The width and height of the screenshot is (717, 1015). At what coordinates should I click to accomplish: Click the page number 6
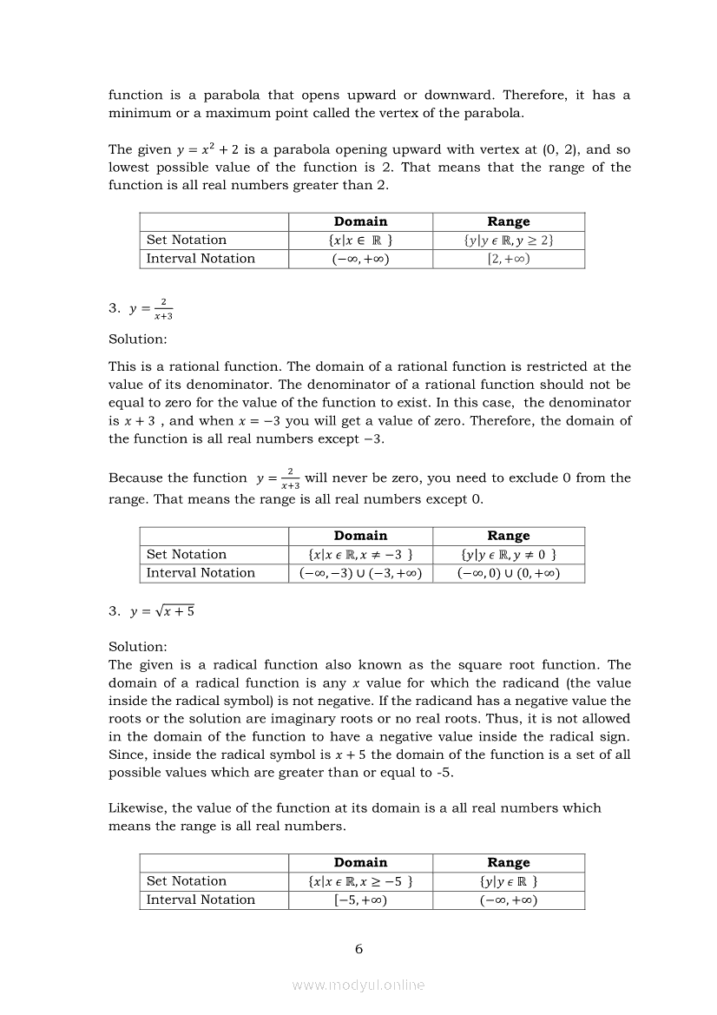(358, 949)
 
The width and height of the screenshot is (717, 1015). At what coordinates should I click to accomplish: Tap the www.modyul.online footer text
(358, 985)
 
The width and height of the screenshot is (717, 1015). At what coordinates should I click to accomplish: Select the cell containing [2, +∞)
(509, 259)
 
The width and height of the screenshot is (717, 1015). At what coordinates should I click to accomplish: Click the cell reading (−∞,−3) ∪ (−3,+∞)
(360, 573)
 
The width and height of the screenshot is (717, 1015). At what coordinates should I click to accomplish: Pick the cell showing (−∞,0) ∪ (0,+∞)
(509, 573)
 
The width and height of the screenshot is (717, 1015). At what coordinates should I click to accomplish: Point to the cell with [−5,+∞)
(360, 900)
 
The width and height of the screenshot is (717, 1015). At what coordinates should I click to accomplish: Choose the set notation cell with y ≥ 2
(509, 241)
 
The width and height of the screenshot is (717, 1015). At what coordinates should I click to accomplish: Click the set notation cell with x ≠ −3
(360, 555)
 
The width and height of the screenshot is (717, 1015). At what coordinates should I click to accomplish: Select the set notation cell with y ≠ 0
(509, 555)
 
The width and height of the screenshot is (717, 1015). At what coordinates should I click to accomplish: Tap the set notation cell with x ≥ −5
(360, 881)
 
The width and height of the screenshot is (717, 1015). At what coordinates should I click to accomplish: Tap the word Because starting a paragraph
(135, 478)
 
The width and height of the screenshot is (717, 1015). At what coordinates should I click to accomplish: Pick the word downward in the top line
(457, 96)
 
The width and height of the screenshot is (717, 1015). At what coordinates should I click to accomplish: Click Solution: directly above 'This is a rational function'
(138, 339)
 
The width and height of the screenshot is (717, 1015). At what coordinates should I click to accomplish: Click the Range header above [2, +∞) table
(509, 222)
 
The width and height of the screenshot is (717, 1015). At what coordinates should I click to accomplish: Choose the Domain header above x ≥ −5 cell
(360, 863)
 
